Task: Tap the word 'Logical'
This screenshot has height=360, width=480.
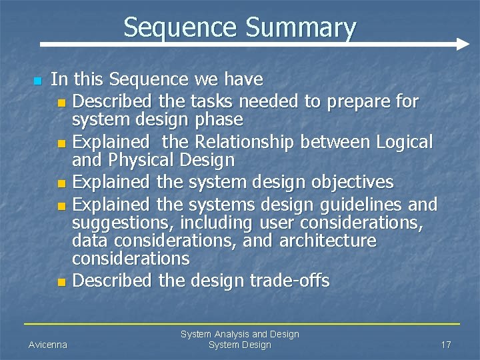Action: (x=405, y=142)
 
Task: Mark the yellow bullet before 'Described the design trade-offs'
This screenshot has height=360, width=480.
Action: (x=62, y=283)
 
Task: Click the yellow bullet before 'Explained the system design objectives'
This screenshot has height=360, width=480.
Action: (x=62, y=183)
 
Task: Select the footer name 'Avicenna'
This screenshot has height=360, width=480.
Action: (x=47, y=345)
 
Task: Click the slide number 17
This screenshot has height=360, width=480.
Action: (x=446, y=345)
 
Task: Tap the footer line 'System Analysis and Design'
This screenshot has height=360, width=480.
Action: (x=240, y=334)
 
